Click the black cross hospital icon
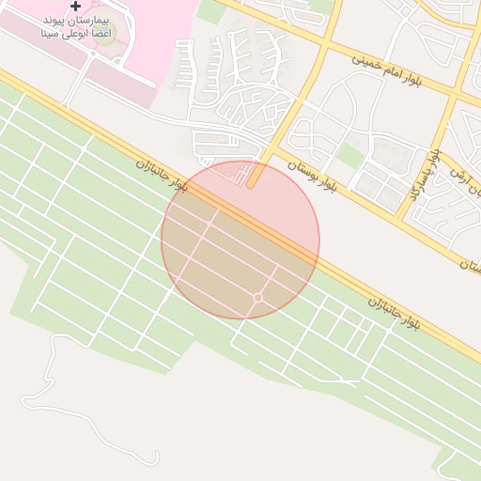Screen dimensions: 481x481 point(76,7)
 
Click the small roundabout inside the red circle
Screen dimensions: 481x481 point(257,298)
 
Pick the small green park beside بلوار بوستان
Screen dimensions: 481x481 point(350,156)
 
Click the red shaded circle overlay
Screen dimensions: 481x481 point(240,240)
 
